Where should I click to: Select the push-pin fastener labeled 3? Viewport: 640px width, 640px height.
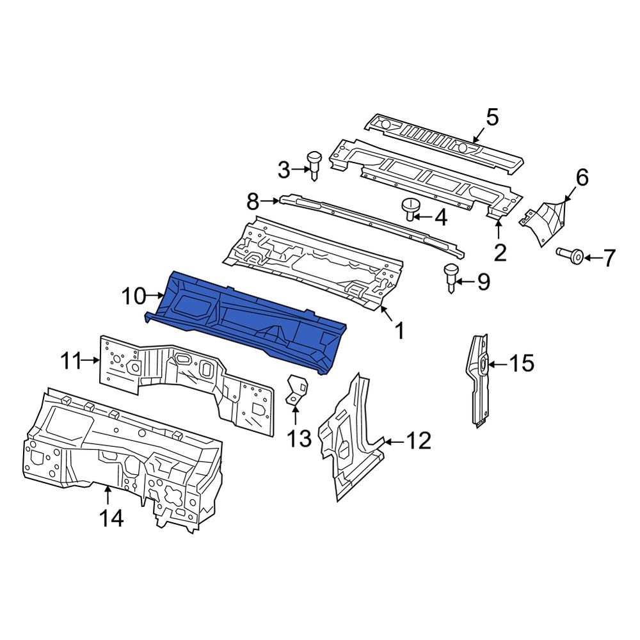[x=314, y=166]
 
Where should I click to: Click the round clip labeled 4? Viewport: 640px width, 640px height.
[x=409, y=209]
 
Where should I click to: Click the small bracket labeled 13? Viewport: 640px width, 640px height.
[x=296, y=388]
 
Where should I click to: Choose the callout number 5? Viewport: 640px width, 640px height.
[x=492, y=118]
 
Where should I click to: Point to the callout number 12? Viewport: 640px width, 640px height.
[x=419, y=441]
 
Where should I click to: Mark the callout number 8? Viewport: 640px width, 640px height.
[x=253, y=203]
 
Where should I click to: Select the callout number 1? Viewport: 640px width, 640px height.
[x=398, y=331]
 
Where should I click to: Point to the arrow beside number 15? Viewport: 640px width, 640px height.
[x=499, y=364]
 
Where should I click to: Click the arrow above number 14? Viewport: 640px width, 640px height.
[x=108, y=495]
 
